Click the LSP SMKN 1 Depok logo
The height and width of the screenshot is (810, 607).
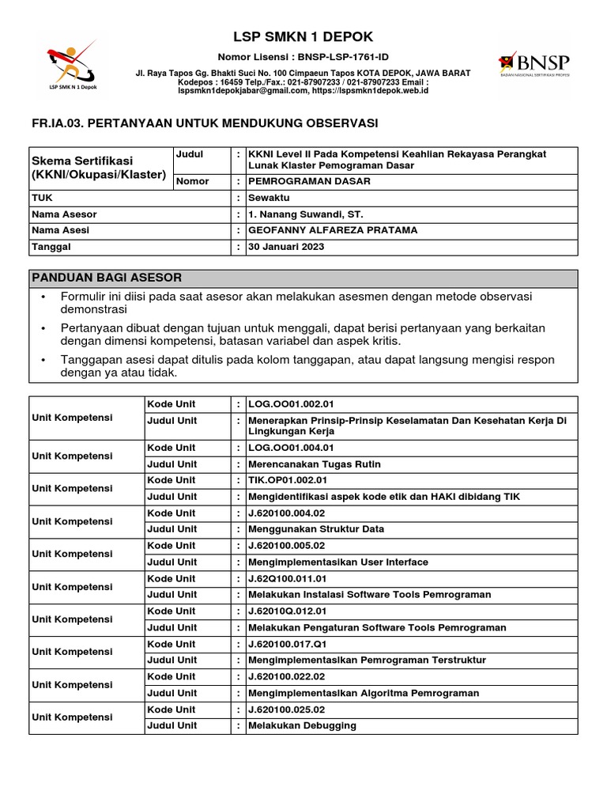point(70,66)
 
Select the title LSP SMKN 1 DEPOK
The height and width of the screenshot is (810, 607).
point(303,37)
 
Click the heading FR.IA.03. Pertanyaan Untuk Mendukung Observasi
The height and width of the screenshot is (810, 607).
point(203,123)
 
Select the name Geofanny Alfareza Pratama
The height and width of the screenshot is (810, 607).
point(333,230)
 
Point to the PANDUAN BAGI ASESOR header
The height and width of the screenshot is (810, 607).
point(107,278)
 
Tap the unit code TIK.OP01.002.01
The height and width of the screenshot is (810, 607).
point(287,480)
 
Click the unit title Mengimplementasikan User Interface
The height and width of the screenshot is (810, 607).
point(338,562)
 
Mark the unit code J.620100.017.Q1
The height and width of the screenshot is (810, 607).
point(286,644)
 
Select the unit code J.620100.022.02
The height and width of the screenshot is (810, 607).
point(286,676)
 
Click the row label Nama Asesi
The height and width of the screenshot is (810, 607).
point(60,230)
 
